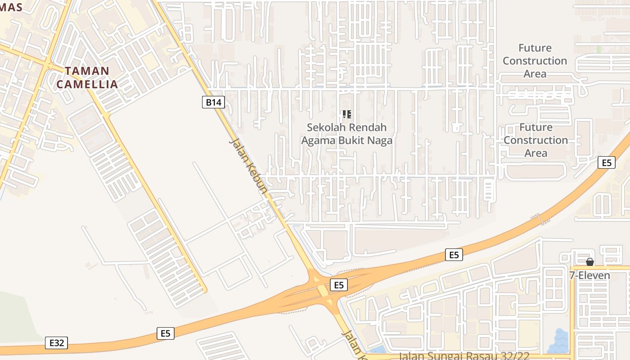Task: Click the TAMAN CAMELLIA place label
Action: pyautogui.click(x=87, y=77)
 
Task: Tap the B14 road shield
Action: pyautogui.click(x=213, y=103)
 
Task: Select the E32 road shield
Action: pyautogui.click(x=56, y=343)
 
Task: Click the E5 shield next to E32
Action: pyautogui.click(x=166, y=333)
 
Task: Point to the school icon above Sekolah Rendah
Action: pyautogui.click(x=346, y=114)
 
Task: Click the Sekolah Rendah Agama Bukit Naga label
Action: pyautogui.click(x=346, y=134)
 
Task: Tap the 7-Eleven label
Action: pyautogui.click(x=589, y=275)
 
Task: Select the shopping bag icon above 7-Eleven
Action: pyautogui.click(x=590, y=262)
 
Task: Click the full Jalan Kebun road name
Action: pyautogui.click(x=248, y=166)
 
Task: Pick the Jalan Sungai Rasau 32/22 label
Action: pyautogui.click(x=464, y=356)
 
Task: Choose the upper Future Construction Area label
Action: pyautogui.click(x=535, y=61)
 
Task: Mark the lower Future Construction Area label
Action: pyautogui.click(x=535, y=140)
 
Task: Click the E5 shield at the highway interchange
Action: pyautogui.click(x=339, y=285)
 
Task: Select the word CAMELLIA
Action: pyautogui.click(x=87, y=84)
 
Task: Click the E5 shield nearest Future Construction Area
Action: pyautogui.click(x=607, y=162)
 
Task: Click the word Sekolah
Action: pyautogui.click(x=324, y=127)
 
